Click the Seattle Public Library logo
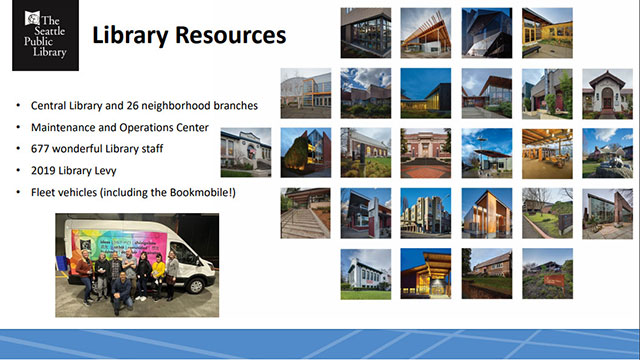(40, 36)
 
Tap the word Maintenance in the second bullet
(69, 128)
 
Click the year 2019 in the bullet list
(45, 171)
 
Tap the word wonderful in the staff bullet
(88, 149)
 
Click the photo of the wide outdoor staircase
(304, 213)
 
